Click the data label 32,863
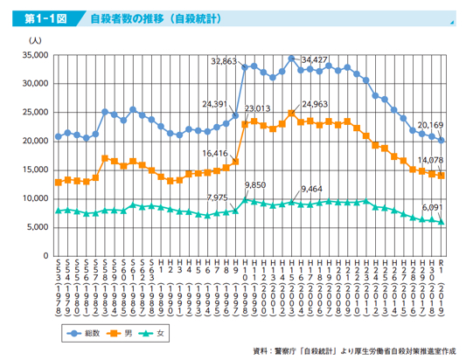[225, 61]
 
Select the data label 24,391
[215, 104]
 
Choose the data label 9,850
[255, 186]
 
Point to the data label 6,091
[432, 206]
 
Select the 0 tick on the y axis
[43, 256]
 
